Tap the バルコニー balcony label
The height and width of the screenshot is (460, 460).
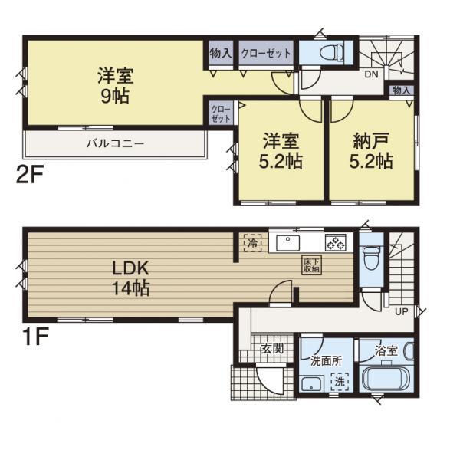115,143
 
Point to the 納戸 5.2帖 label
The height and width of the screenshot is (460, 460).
373,151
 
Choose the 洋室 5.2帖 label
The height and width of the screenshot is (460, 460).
282,151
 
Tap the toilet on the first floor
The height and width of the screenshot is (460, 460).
369,258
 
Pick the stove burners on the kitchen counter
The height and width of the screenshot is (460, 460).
336,243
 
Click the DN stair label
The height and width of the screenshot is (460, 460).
370,75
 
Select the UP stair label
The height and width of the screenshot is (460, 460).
400,312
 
